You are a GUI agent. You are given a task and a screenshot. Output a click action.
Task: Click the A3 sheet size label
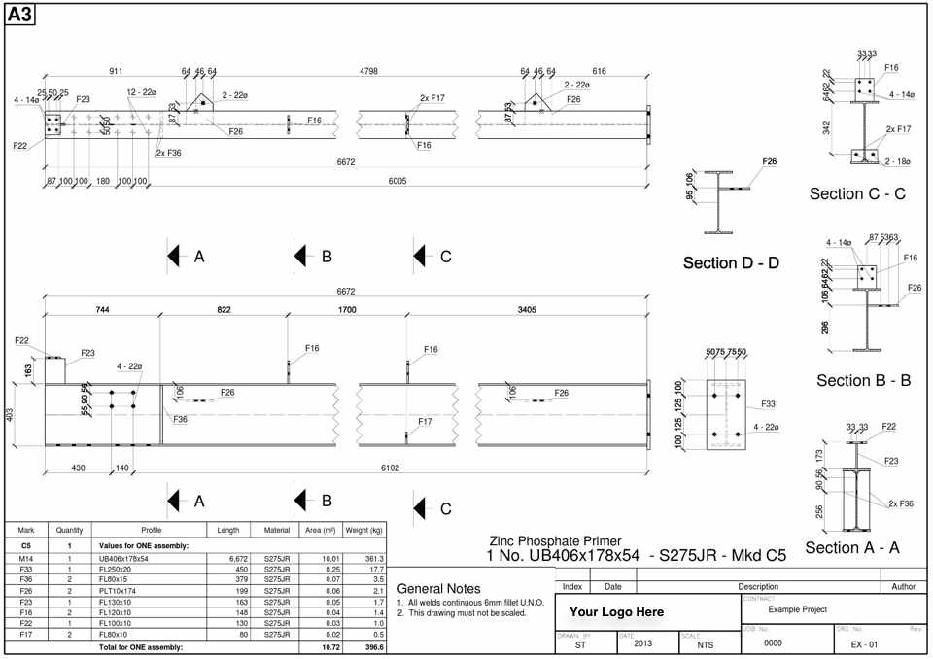21,15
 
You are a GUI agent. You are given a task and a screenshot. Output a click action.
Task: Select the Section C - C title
857,193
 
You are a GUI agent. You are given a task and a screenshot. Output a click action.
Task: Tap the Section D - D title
731,262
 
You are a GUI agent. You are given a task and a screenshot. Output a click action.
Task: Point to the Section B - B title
863,380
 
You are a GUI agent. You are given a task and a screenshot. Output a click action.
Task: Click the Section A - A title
852,547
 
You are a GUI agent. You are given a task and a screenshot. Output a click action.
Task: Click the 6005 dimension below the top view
397,181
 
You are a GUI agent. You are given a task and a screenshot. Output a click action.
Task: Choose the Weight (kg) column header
364,530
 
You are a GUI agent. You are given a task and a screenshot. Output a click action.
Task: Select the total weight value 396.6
373,646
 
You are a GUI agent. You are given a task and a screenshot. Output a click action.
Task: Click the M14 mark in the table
26,559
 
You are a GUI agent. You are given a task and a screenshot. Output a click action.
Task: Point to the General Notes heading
438,588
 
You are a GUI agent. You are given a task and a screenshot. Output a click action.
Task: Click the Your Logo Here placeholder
616,612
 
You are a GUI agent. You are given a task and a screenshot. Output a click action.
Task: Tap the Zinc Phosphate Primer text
555,541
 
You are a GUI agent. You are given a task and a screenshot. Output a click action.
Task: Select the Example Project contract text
797,609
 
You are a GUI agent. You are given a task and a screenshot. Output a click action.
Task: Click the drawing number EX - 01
864,644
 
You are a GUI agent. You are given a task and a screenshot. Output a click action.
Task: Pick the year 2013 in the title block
642,643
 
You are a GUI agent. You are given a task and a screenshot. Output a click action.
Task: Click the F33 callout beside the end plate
768,403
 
